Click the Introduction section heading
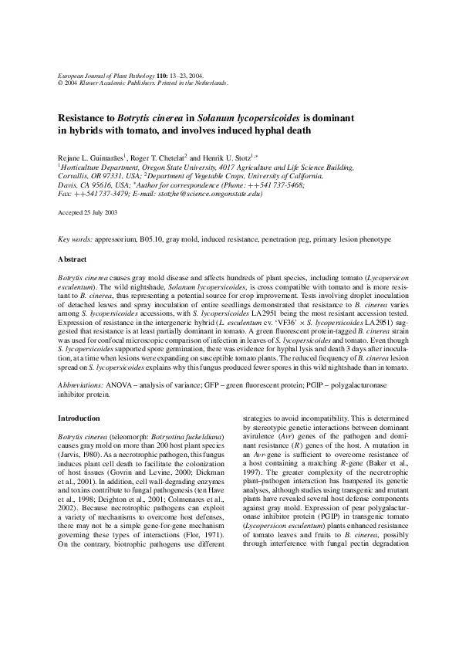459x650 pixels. pos(79,418)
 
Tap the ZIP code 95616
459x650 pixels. pos(105,185)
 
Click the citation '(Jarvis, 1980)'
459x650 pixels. pos(77,456)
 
